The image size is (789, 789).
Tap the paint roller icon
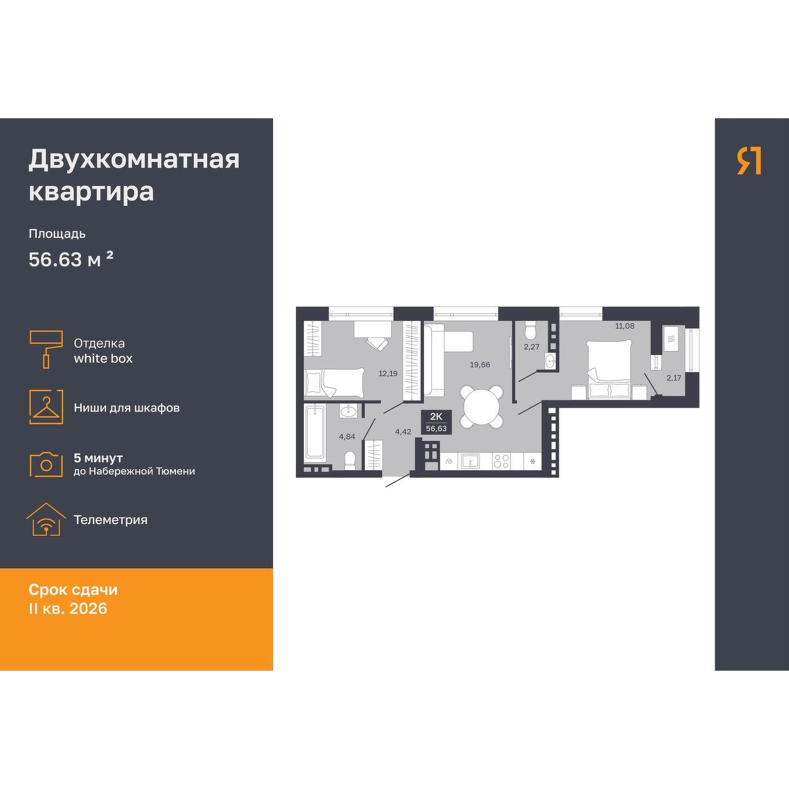pyautogui.click(x=46, y=349)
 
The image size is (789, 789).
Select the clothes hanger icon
pyautogui.click(x=46, y=407)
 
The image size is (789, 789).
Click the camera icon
pyautogui.click(x=46, y=464)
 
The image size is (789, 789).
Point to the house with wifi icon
pyautogui.click(x=46, y=519)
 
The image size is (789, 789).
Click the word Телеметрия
pyautogui.click(x=110, y=520)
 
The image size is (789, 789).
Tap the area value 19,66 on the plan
pyautogui.click(x=480, y=365)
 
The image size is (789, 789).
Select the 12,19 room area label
pyautogui.click(x=388, y=373)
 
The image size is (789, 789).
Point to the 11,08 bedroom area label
pyautogui.click(x=625, y=326)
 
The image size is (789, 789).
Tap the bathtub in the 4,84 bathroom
pyautogui.click(x=316, y=432)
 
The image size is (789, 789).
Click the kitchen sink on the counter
pyautogui.click(x=473, y=460)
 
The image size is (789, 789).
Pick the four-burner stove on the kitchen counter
pyautogui.click(x=502, y=461)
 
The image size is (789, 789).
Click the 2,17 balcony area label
pyautogui.click(x=673, y=378)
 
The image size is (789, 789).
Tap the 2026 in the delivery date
pyautogui.click(x=88, y=608)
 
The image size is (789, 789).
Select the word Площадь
pyautogui.click(x=57, y=234)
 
